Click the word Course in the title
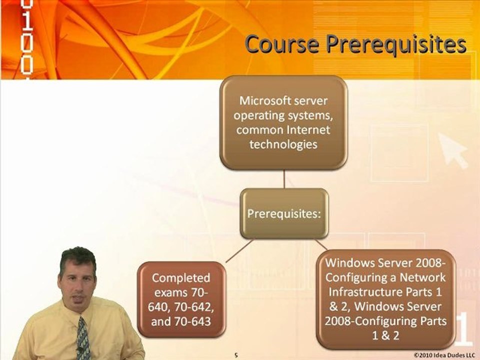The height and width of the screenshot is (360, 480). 282,44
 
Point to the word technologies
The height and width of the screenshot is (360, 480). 283,144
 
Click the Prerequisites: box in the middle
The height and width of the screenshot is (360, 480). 284,213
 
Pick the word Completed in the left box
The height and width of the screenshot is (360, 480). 181,278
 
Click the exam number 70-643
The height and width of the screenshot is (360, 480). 192,321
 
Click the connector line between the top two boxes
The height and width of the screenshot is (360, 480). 284,179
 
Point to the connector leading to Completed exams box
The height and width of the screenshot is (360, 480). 239,251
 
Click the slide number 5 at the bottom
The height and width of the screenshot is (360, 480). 236,355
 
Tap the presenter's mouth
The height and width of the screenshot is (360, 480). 77,298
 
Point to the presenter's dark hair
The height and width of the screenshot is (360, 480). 78,258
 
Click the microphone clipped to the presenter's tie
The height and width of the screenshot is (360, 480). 80,349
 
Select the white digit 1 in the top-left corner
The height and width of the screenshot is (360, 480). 27,21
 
